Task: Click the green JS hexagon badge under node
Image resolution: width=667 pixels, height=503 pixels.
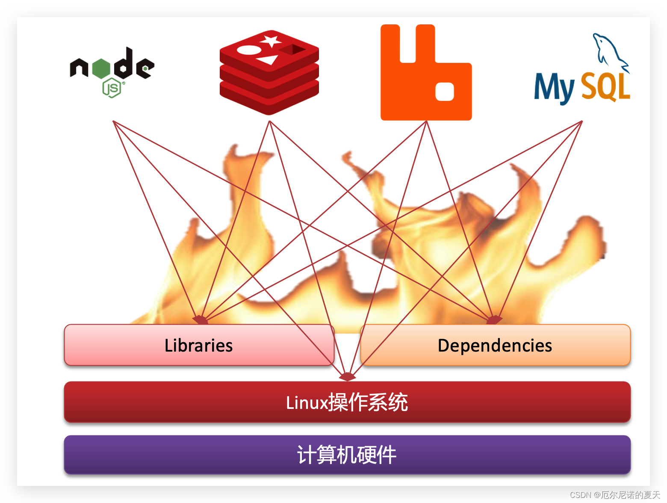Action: (x=112, y=88)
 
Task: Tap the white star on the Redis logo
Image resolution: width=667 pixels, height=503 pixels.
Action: (x=271, y=41)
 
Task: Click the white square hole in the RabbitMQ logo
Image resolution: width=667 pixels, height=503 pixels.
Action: (x=444, y=91)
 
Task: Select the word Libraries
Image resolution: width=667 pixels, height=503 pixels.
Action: (x=198, y=346)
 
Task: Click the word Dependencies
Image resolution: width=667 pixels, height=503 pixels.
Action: (x=495, y=346)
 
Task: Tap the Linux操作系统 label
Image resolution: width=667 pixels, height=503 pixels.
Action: (x=347, y=402)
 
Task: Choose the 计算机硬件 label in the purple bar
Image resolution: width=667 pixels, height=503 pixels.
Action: (x=347, y=455)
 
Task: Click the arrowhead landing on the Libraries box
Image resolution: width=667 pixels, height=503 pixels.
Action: (x=200, y=320)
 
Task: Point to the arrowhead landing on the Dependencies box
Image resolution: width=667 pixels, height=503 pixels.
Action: (x=494, y=320)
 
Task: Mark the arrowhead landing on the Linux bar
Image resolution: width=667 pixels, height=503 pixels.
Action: (x=347, y=377)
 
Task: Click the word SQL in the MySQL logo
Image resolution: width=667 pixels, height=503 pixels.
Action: (x=606, y=86)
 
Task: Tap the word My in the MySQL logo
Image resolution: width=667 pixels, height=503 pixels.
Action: (x=554, y=88)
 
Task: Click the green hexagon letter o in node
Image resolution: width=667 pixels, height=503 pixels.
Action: (x=101, y=68)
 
